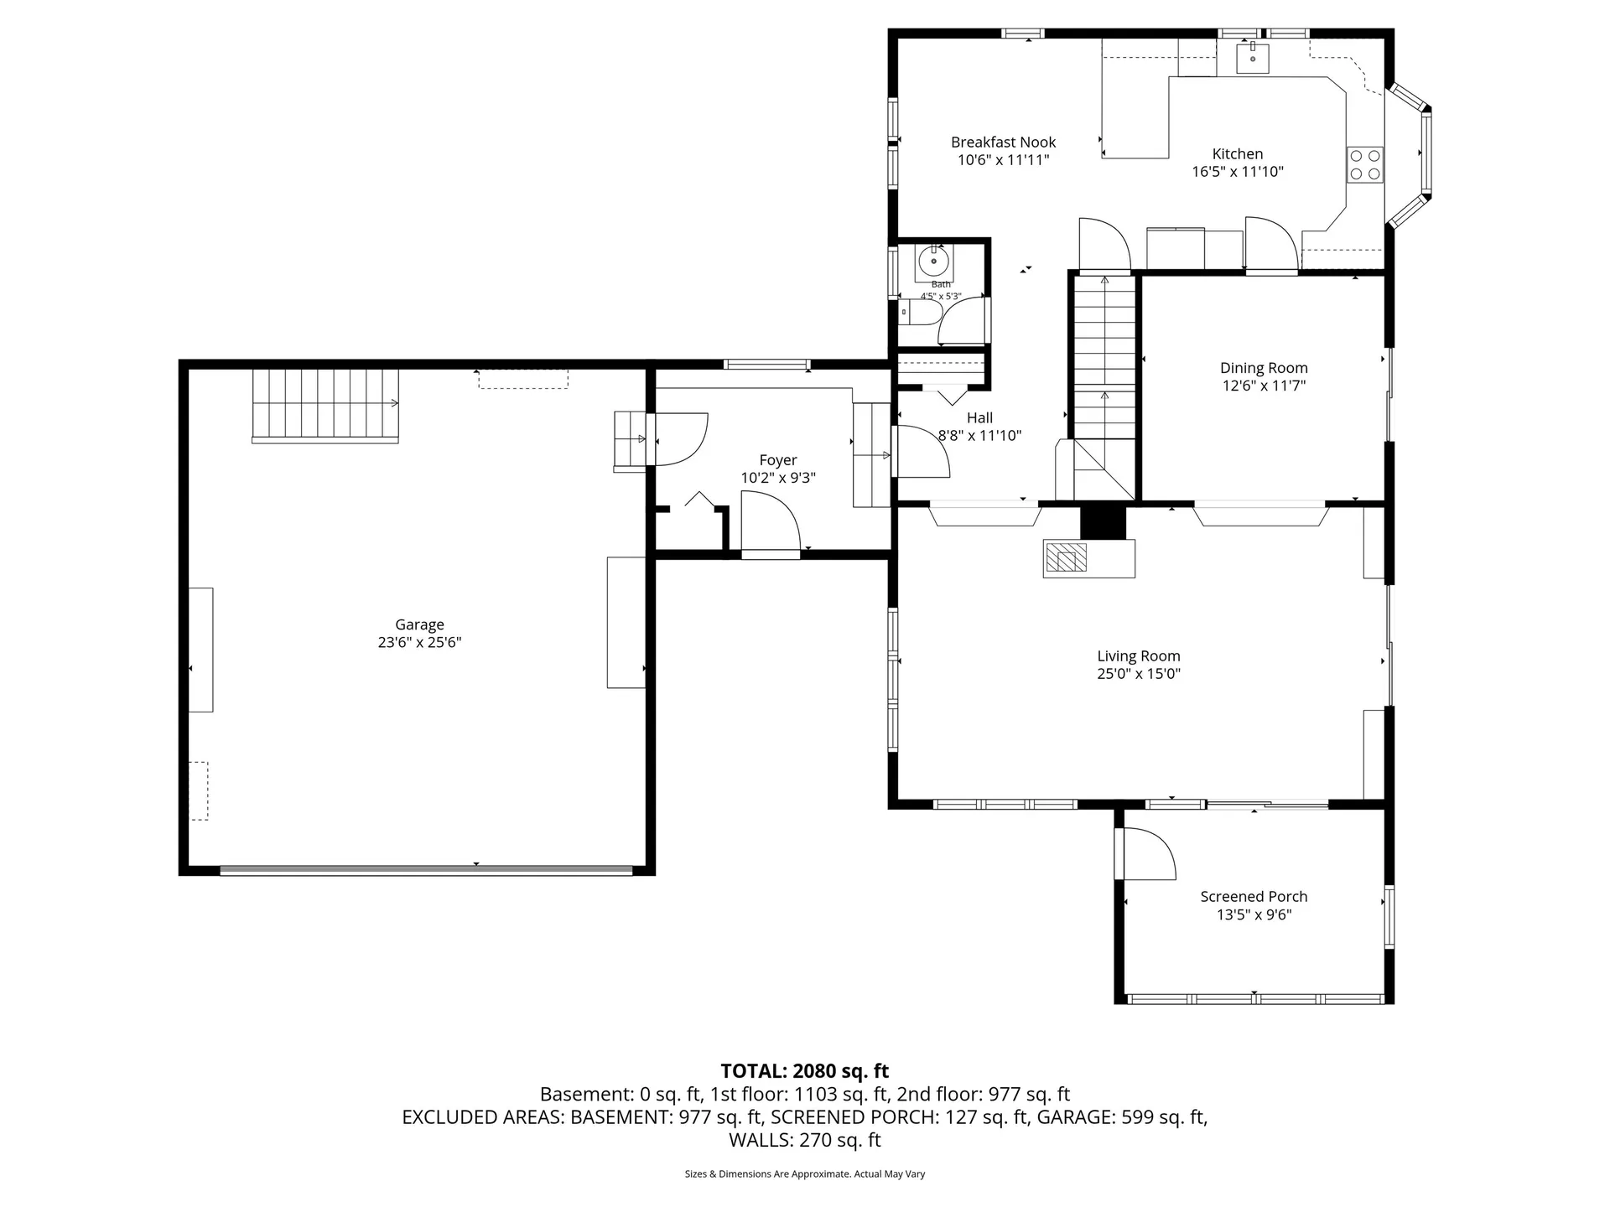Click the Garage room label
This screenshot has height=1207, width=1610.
[419, 624]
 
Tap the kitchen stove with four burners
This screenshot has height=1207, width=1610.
[1364, 164]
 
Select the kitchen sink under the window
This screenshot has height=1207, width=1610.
[1253, 58]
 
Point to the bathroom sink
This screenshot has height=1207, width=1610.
[933, 262]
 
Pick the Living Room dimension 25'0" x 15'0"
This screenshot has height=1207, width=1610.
[1138, 674]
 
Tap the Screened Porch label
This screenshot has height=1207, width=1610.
[1253, 896]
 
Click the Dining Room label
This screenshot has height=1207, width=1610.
[1263, 368]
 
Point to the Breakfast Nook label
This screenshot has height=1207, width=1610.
[1003, 142]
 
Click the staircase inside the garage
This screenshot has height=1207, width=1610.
[325, 406]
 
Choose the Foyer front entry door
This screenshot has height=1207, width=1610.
[770, 525]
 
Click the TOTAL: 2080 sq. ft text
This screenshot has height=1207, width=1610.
[804, 1070]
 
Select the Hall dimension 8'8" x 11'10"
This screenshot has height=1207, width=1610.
[979, 436]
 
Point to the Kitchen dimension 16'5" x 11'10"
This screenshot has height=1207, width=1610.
[1237, 172]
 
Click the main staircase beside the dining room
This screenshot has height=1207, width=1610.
[1104, 360]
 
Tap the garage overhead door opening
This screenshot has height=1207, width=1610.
[426, 870]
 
